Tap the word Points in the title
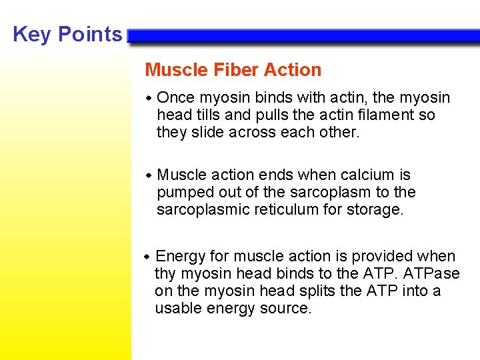[91, 34]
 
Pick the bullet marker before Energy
[148, 257]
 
